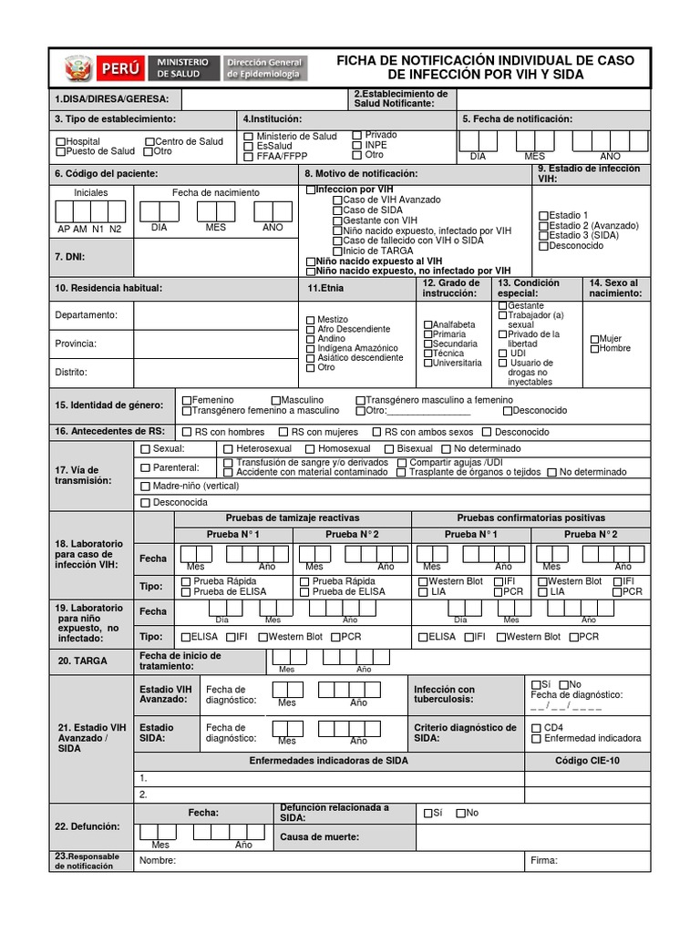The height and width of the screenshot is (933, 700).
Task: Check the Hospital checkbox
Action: point(61,142)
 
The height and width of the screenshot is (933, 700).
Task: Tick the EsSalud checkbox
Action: point(249,146)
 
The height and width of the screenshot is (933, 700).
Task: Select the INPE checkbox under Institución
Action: point(356,145)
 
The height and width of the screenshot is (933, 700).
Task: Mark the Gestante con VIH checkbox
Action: point(337,220)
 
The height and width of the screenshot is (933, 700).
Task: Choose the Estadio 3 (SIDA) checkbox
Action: point(544,235)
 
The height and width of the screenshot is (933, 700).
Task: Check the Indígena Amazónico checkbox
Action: point(311,348)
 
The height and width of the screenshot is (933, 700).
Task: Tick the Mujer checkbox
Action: point(594,339)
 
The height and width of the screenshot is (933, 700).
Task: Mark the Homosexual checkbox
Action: point(310,449)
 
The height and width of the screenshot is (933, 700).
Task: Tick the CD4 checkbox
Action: point(536,727)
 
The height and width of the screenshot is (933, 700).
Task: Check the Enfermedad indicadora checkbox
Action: point(536,739)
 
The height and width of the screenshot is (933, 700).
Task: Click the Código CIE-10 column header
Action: point(586,760)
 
